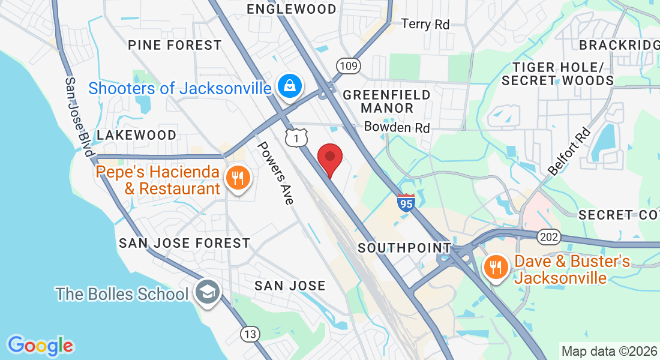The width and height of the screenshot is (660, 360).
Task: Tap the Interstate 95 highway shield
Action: [406, 203]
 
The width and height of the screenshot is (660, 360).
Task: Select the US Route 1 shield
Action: [294, 138]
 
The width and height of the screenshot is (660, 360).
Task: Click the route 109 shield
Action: [347, 66]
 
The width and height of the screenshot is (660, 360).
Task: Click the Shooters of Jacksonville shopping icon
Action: [290, 88]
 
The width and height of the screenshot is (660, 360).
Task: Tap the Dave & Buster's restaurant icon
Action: [496, 268]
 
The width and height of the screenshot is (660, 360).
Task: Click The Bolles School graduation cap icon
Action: [208, 293]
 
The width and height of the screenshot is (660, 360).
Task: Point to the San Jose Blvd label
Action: [79, 118]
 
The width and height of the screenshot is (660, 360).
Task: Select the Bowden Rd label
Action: [397, 127]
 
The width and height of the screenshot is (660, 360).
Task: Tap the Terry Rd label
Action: [425, 24]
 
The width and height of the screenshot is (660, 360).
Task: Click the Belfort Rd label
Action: [569, 153]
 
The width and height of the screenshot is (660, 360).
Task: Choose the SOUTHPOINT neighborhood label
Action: [404, 247]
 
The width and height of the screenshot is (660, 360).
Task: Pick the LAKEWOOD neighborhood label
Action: [137, 135]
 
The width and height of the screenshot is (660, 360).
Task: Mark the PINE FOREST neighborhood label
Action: [175, 45]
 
